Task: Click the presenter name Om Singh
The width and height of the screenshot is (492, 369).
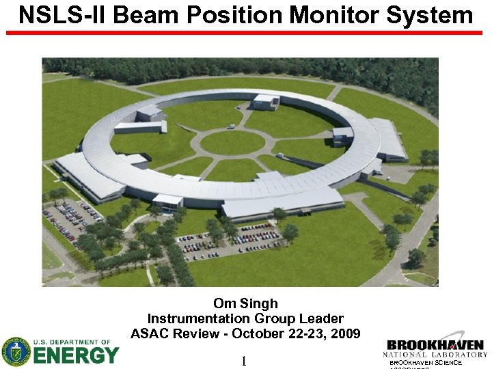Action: tap(245, 303)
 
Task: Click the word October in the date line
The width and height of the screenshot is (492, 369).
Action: tap(258, 333)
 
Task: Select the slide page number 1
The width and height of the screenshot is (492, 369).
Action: tap(243, 361)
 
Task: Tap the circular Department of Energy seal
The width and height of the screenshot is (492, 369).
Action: tap(16, 352)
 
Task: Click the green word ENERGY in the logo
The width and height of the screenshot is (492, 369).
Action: tap(76, 356)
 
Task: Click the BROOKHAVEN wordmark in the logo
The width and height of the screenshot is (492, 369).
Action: tap(435, 346)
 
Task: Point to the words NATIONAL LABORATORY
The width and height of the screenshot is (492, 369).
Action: tap(435, 355)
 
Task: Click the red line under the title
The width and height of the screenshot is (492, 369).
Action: tap(245, 32)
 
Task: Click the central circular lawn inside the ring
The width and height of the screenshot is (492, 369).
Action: tap(232, 143)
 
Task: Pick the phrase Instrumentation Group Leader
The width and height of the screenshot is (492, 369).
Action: tap(245, 318)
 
